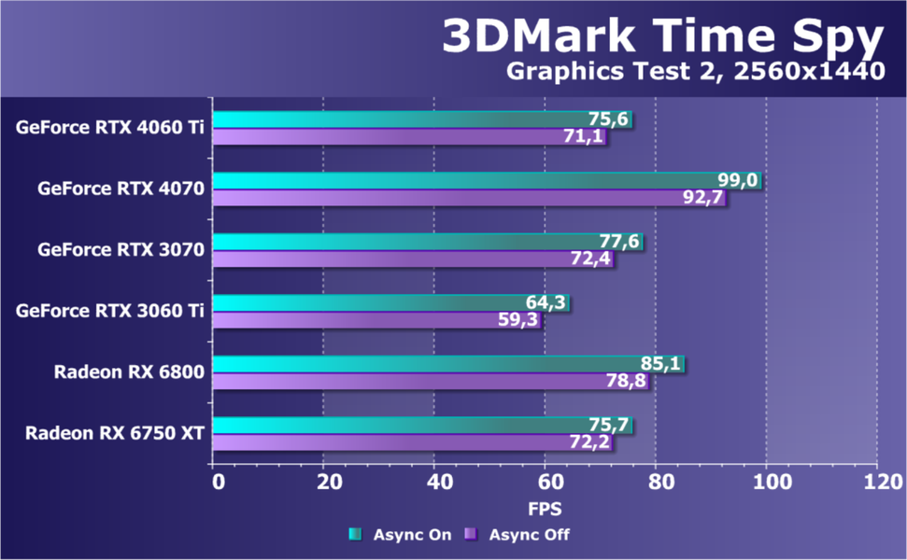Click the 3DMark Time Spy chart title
coord(661,37)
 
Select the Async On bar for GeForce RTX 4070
coord(486,180)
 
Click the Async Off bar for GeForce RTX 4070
coord(467,198)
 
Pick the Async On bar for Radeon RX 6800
coord(448,364)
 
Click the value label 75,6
coord(606,119)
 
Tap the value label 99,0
coord(737,180)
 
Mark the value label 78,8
coord(625,382)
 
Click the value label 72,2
coord(588,442)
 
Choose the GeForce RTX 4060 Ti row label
coord(110,127)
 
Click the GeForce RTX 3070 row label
coord(120,249)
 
